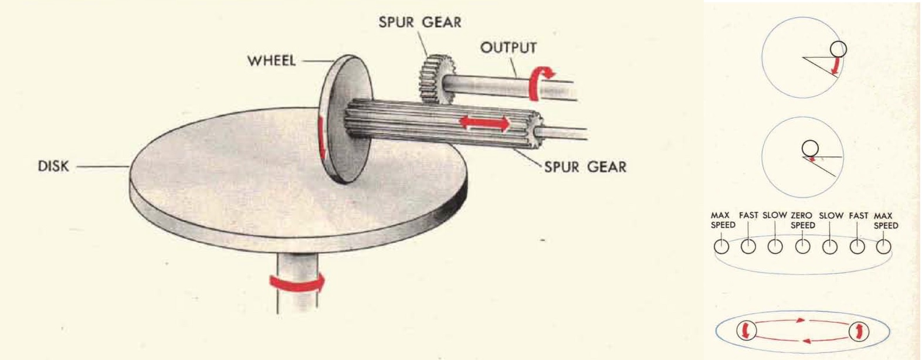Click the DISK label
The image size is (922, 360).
[53, 167]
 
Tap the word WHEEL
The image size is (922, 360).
[271, 60]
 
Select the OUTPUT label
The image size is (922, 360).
[508, 47]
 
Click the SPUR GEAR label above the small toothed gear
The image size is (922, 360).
[419, 23]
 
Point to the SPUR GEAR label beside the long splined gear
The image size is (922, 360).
[585, 167]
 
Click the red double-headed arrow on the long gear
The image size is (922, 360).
[484, 123]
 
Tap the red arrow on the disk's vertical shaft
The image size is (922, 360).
[297, 284]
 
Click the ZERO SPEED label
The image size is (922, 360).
[802, 220]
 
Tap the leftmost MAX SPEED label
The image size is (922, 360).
[723, 220]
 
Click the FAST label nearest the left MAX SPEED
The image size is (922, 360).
[748, 216]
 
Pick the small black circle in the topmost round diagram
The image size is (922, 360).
[838, 48]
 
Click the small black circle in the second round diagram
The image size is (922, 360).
[810, 148]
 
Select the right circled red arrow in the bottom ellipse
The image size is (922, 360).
[858, 331]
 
